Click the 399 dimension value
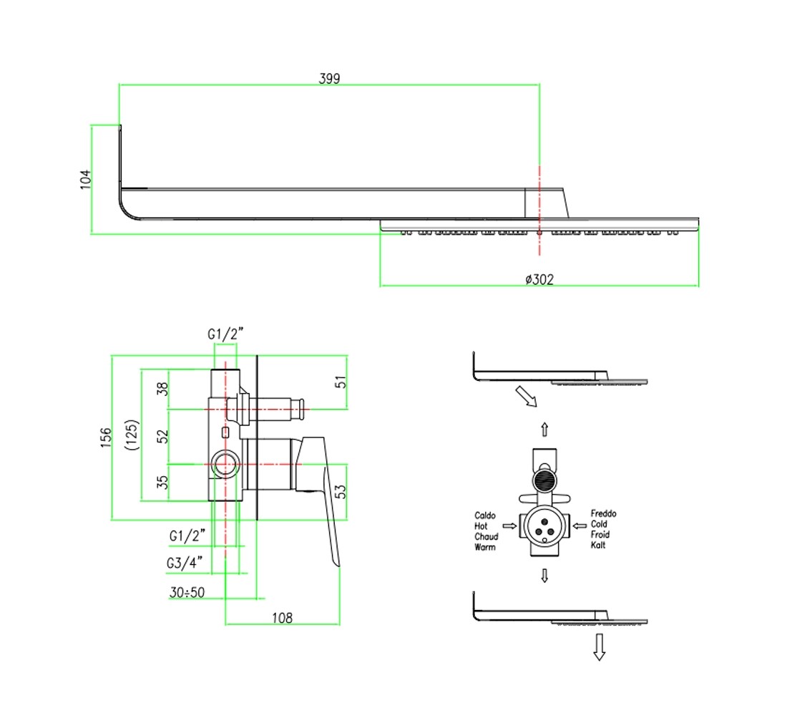329,78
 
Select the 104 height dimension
86,180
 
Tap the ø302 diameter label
539,279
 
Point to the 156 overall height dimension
106,437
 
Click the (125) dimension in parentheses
132,435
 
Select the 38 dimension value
162,389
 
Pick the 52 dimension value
162,436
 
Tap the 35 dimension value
162,482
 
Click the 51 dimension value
341,382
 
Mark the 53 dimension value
341,491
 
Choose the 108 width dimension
282,618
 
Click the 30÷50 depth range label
187,592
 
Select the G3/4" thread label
185,563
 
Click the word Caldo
485,516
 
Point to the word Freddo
603,513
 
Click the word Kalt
598,545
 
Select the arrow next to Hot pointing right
509,526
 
